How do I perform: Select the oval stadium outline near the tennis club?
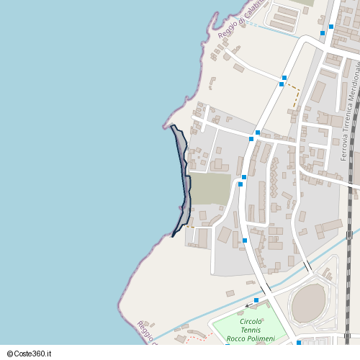(x=308, y=302)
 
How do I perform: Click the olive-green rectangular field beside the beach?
(x=210, y=189)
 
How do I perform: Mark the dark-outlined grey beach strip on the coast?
(x=184, y=180)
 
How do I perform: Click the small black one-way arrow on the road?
(x=248, y=305)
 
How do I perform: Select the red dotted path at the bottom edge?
(x=194, y=338)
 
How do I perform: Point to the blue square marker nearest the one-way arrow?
(x=257, y=300)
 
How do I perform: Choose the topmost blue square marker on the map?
(x=331, y=27)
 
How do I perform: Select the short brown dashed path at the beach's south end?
(x=190, y=227)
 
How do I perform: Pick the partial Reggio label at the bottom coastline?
(x=147, y=331)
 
